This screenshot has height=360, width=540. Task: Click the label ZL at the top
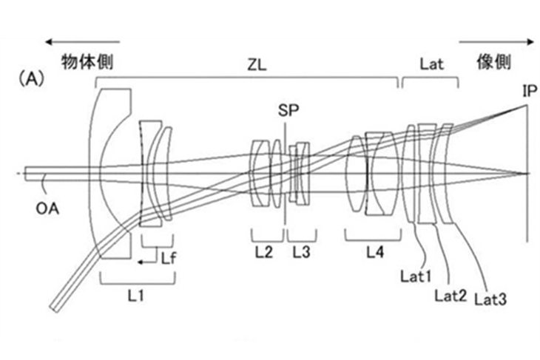coord(256,64)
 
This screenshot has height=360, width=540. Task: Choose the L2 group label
coord(263,252)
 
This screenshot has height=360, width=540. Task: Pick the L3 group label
coord(301,252)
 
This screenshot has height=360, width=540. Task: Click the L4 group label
coord(375,252)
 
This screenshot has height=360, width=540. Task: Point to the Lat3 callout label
coord(490,299)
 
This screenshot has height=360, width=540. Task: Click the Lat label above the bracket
coord(431,64)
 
